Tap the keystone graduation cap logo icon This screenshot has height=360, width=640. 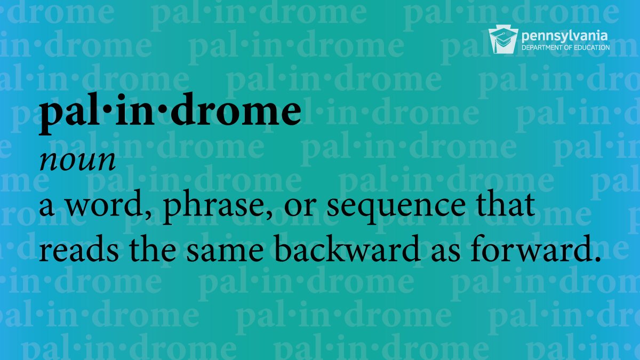500,41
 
